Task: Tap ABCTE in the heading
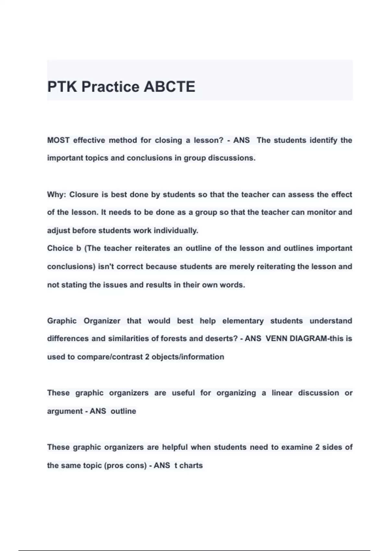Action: click(169, 87)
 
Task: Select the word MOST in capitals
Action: click(58, 140)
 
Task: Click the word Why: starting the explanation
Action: click(56, 194)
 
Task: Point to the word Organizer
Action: click(102, 321)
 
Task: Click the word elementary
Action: click(243, 321)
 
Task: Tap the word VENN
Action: click(276, 338)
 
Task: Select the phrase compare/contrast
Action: click(110, 357)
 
